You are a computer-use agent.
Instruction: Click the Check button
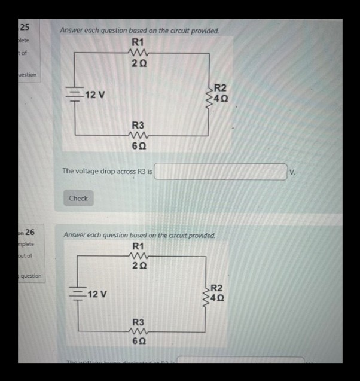78,198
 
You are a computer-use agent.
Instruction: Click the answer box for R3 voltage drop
221,172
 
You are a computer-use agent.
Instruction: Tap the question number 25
25,27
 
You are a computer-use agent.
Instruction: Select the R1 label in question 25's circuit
138,42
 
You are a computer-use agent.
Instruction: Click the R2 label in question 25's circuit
220,87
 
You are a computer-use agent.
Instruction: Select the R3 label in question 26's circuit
138,323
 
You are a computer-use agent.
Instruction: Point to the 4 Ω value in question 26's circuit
220,297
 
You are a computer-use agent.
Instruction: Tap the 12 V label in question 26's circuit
97,294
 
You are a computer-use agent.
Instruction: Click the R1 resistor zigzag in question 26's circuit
138,255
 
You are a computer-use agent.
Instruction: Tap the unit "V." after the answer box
292,172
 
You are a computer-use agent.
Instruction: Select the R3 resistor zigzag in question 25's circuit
138,136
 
